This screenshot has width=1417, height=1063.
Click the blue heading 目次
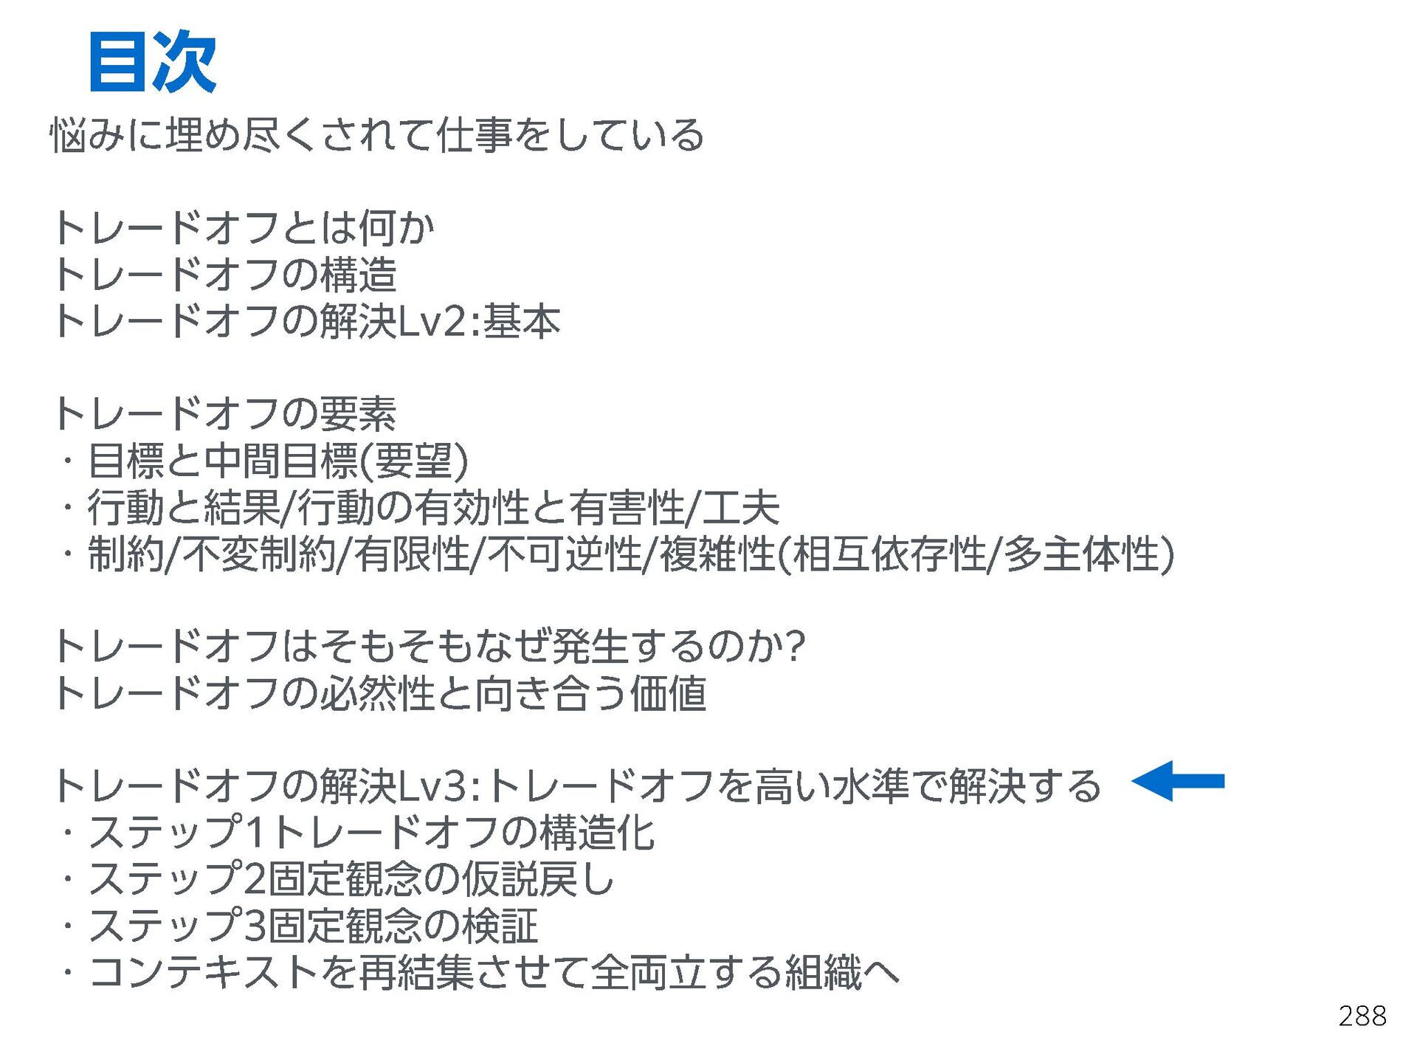(x=152, y=62)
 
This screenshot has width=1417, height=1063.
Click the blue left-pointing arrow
(x=1178, y=781)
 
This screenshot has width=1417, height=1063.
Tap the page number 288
(x=1362, y=1016)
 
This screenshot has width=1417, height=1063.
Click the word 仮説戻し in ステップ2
(x=538, y=879)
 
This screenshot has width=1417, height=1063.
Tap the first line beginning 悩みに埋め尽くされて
(x=376, y=136)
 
